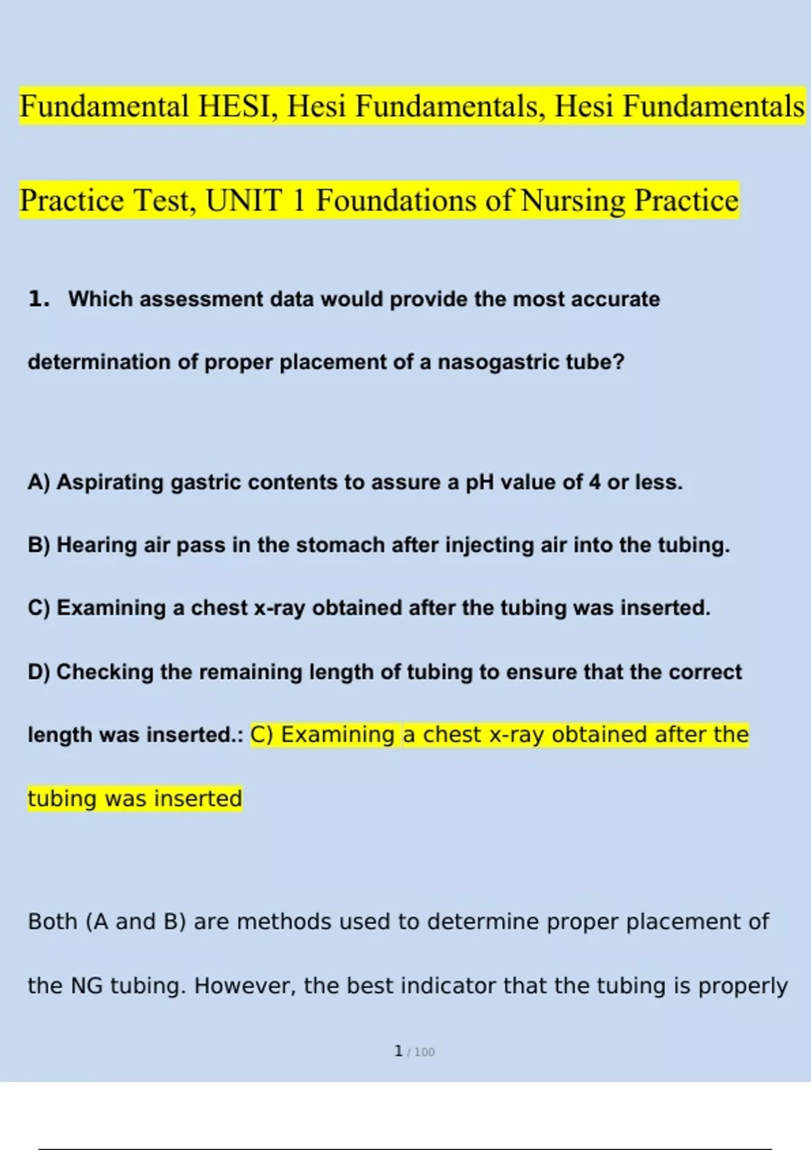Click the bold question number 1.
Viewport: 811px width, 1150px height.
coord(38,298)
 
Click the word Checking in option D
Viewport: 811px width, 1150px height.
coord(105,672)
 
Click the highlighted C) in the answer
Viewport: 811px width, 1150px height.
coord(262,735)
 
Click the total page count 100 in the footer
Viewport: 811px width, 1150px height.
coord(424,1052)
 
